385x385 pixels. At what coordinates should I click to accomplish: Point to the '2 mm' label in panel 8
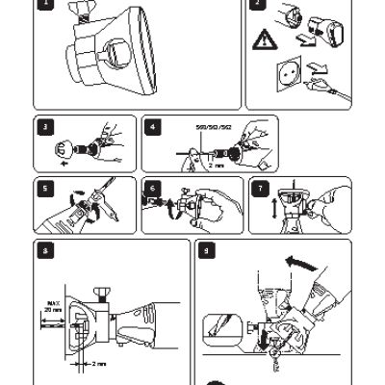click(x=98, y=364)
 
